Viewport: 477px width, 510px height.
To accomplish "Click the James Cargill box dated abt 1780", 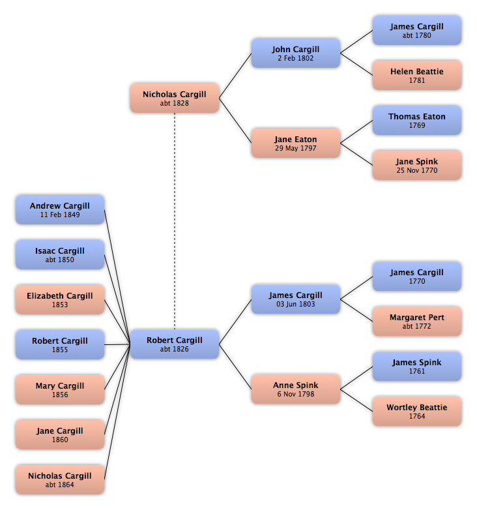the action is click(x=417, y=30).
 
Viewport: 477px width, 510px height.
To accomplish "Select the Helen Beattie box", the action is click(x=417, y=75).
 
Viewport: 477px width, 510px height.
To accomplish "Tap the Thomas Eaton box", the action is click(x=417, y=120).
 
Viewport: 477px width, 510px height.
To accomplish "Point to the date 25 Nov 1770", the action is click(x=417, y=170).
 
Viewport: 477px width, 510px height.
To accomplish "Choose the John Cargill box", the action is click(x=296, y=53).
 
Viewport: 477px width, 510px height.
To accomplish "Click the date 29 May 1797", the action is click(x=296, y=148).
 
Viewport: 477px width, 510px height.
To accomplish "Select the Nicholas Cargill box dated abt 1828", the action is click(x=175, y=98).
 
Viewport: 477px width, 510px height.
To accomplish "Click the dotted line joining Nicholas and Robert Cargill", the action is click(x=175, y=221).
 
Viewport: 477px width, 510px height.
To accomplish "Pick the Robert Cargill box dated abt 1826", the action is click(x=175, y=344).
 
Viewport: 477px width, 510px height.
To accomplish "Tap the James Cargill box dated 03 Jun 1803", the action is click(x=296, y=299).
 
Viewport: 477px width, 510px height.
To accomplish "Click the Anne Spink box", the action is click(x=296, y=389).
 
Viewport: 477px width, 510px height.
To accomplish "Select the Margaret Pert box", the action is click(x=417, y=321).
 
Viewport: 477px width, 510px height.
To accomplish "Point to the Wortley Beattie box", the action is click(x=417, y=411).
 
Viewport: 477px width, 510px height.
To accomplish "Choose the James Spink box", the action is click(x=417, y=367).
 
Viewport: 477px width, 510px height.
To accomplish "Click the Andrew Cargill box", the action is click(x=60, y=209).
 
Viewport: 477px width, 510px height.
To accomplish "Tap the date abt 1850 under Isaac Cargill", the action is click(x=60, y=260).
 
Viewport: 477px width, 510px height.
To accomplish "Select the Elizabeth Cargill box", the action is click(x=60, y=299).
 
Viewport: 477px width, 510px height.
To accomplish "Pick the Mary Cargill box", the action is click(x=60, y=389).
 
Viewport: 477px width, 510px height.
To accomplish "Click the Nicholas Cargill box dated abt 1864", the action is click(x=60, y=479).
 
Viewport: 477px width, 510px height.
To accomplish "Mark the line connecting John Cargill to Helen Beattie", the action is click(x=356, y=64).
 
